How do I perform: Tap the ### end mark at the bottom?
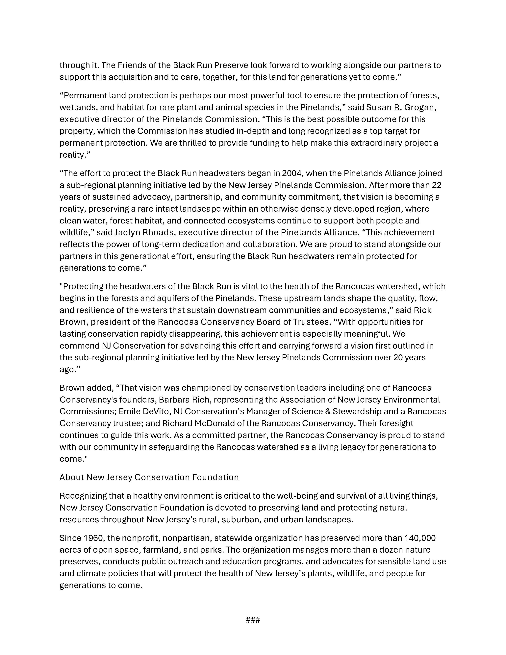click(x=253, y=620)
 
